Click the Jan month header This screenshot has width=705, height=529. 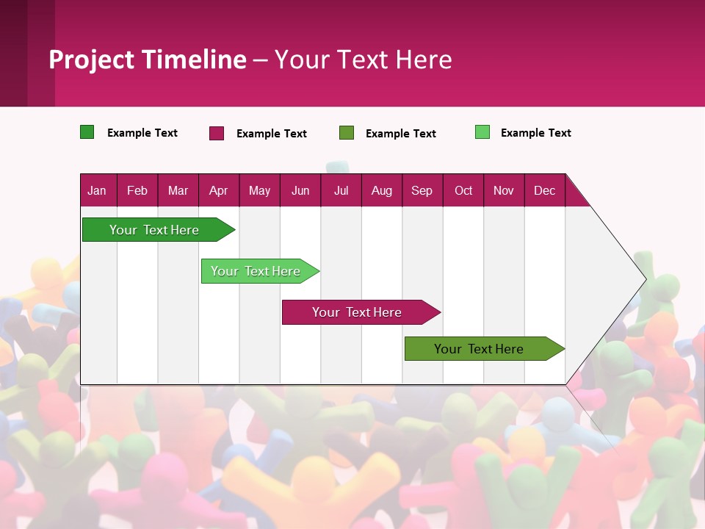tap(97, 190)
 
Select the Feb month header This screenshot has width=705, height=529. tap(137, 190)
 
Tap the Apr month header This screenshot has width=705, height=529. tap(218, 190)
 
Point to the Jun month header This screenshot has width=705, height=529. tap(300, 190)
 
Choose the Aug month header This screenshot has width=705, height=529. tap(381, 190)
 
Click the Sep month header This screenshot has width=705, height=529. tap(422, 190)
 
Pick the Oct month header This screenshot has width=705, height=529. tap(463, 190)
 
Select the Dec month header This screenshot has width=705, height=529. tap(544, 190)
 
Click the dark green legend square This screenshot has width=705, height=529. tap(87, 132)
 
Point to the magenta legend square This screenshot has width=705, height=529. tap(217, 133)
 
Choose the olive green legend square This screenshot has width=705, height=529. tap(347, 133)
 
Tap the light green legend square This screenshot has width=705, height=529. tap(482, 132)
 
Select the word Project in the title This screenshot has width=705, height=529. tap(92, 60)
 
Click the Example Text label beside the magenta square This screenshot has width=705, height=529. tap(272, 134)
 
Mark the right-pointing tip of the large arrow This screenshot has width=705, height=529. tap(645, 278)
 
